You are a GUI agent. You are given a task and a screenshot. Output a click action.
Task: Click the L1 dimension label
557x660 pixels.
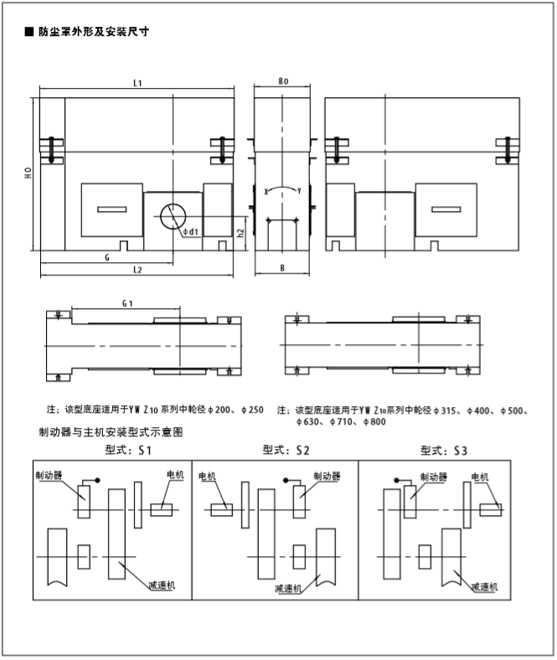tap(137, 83)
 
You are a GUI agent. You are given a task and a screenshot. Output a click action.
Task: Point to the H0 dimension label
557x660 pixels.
tap(28, 174)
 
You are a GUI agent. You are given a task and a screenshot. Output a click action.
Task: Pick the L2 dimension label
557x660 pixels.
tap(137, 270)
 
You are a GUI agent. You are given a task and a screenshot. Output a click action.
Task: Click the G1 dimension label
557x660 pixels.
tap(126, 302)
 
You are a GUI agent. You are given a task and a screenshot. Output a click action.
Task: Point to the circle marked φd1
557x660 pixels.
tap(174, 217)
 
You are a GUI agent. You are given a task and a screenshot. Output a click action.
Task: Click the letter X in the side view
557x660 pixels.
tap(266, 191)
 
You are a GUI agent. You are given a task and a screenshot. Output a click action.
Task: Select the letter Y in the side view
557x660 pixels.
tap(300, 191)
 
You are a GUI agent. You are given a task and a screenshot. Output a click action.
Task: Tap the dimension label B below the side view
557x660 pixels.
tap(282, 270)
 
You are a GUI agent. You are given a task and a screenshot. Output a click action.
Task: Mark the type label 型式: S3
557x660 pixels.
tap(444, 451)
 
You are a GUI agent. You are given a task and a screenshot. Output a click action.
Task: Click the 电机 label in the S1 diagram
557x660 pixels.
tap(175, 475)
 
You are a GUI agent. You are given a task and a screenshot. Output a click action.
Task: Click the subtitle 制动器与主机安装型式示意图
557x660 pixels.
tap(110, 433)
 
